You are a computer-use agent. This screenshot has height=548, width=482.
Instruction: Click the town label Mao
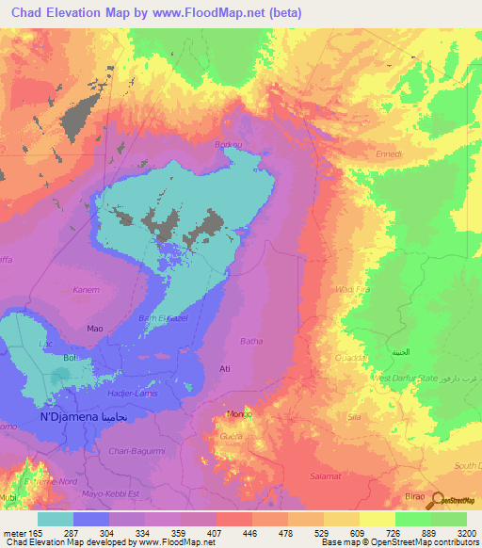[x=94, y=329]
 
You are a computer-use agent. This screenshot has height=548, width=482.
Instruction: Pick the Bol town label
[x=69, y=359]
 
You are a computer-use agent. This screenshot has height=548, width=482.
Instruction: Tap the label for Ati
[x=224, y=368]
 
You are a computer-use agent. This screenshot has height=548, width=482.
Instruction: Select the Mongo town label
[x=237, y=414]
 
